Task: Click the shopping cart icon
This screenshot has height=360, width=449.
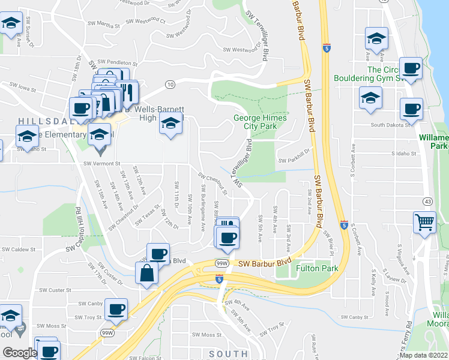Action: point(425,223)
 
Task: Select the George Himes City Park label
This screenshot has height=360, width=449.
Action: point(260,122)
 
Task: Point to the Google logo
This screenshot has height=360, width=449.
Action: point(19,353)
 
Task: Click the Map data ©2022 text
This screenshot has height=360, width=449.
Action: point(424,355)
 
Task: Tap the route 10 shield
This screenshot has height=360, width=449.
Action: point(170,85)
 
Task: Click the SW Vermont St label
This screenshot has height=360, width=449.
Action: point(102,163)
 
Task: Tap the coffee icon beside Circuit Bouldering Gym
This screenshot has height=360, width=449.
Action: point(411,68)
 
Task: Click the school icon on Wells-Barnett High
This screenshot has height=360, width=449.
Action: point(171,124)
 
